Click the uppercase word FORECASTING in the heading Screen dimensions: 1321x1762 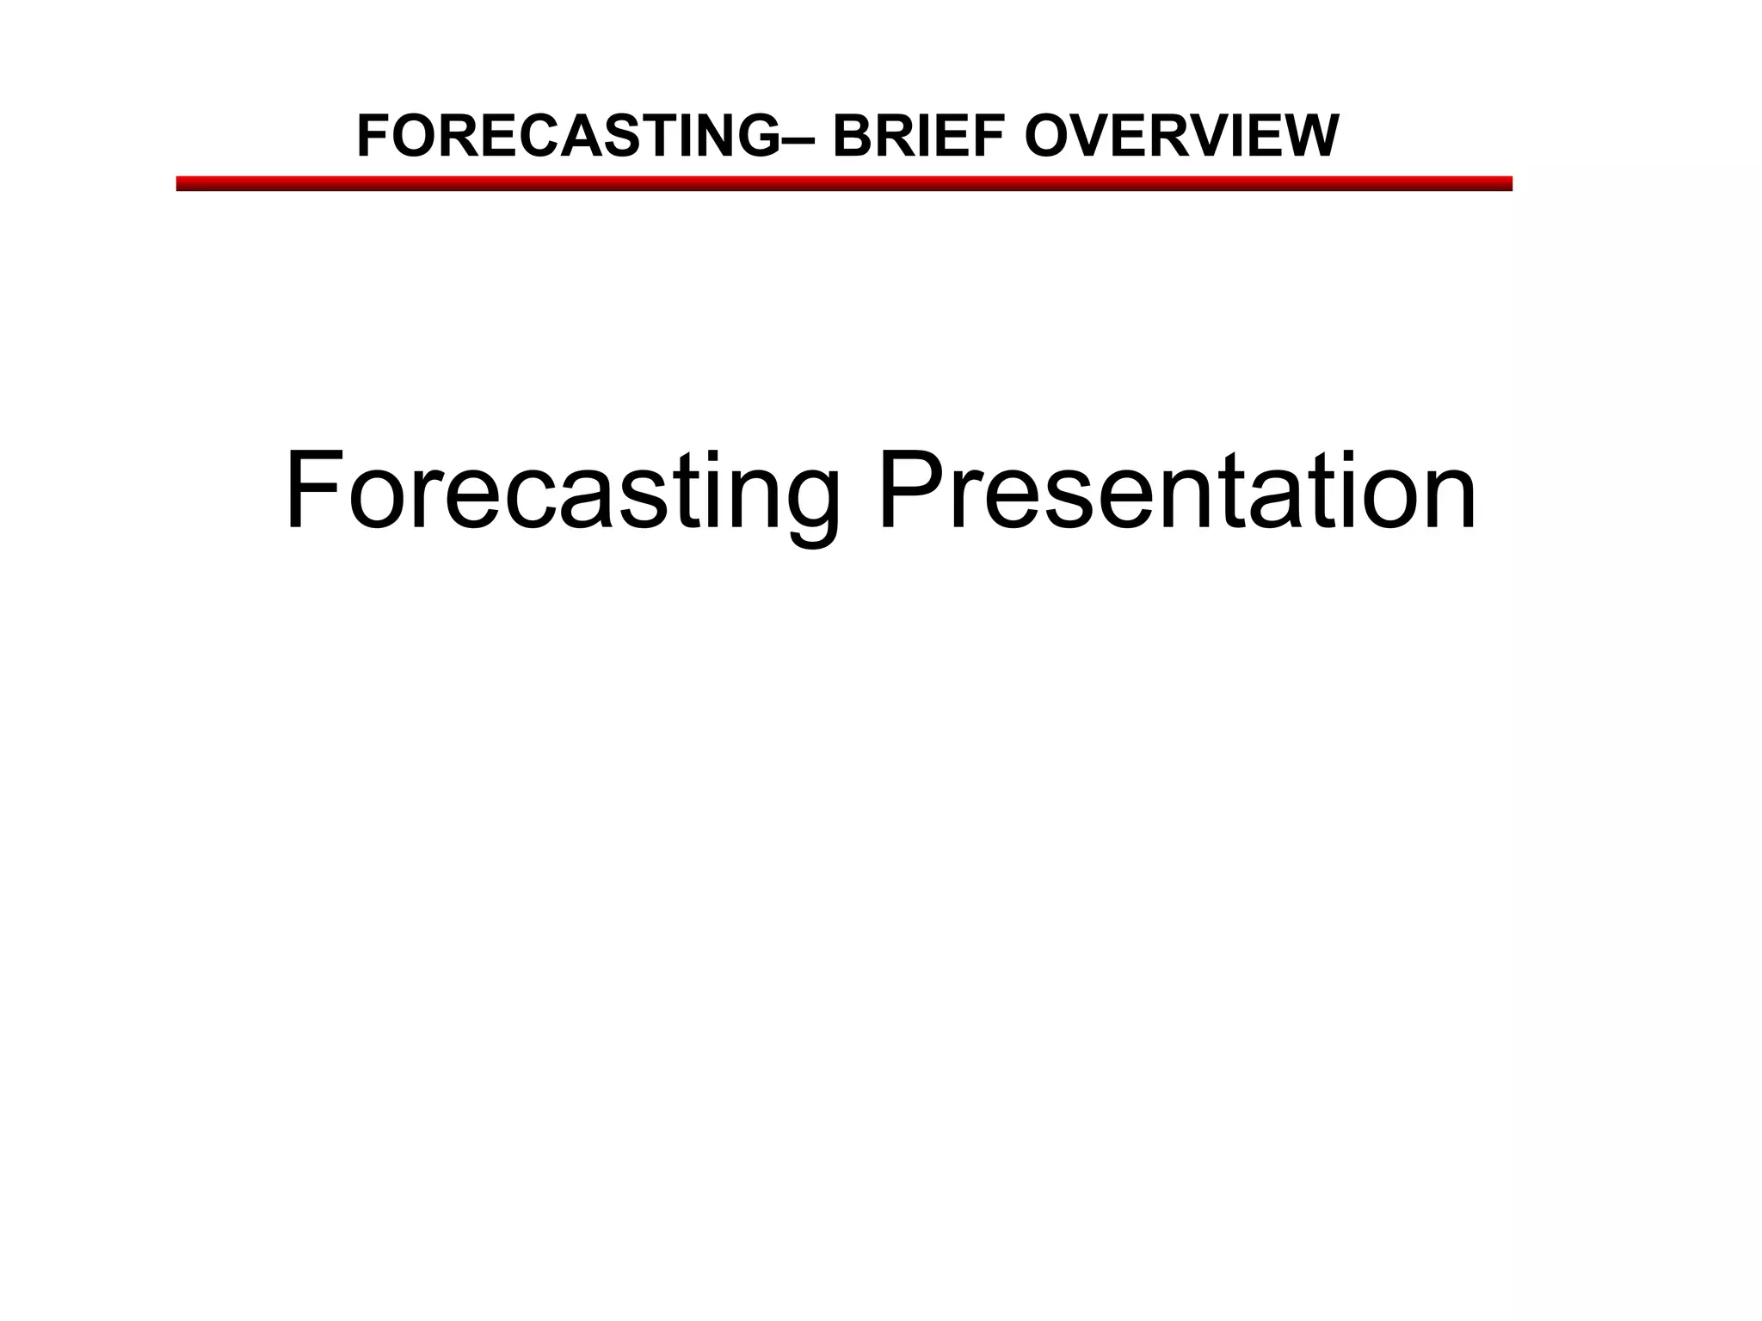coord(568,137)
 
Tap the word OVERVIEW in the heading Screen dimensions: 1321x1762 coord(1181,137)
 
